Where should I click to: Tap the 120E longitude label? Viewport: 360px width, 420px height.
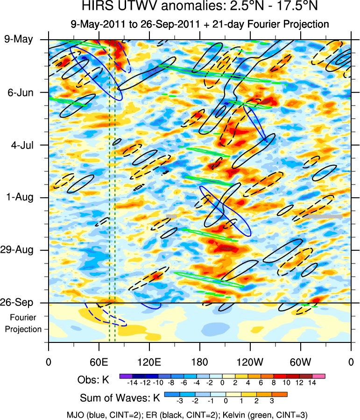coord(149,362)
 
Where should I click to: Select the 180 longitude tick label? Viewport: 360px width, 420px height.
coord(199,362)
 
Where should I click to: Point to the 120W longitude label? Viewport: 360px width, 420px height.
coord(250,362)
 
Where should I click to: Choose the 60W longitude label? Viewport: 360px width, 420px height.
coord(300,362)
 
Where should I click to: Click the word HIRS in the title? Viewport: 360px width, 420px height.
coord(95,7)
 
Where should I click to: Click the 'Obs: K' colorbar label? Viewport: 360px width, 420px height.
coord(93,380)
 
